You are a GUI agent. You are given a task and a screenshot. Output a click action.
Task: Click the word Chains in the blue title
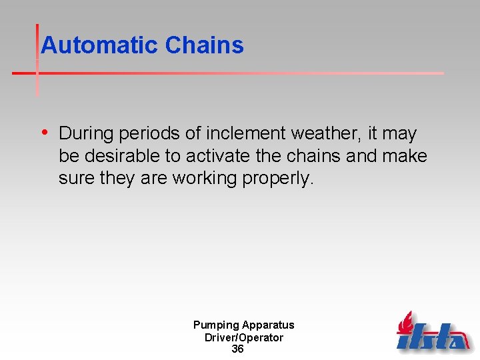pos(204,45)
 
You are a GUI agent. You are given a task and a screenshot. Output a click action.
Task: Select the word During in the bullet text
pos(87,133)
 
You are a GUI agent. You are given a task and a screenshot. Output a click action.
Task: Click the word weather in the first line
pos(323,133)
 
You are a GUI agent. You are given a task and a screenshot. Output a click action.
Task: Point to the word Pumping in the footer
pos(215,325)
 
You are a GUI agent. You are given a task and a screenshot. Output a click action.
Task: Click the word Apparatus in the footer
pos(268,325)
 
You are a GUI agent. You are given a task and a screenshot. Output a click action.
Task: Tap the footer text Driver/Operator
pos(243,337)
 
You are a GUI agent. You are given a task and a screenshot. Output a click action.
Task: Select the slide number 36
pos(237,349)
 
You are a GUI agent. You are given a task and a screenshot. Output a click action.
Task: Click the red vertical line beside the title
pos(37,60)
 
